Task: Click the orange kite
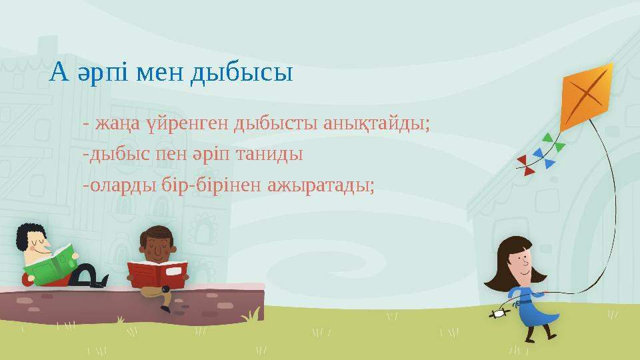(x=587, y=97)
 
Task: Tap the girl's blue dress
(x=530, y=307)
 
